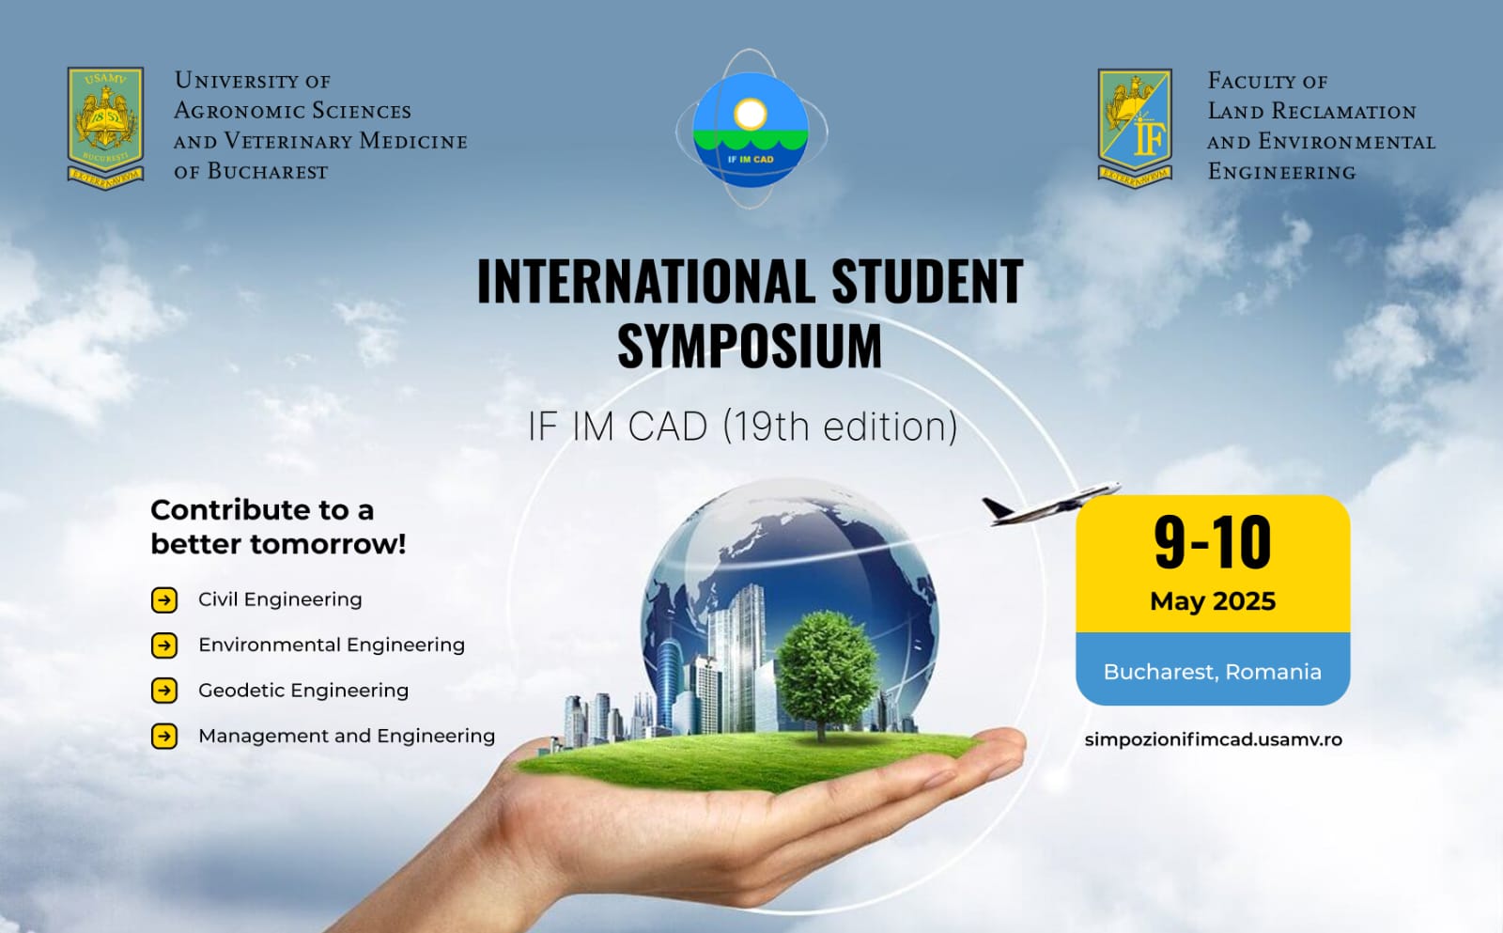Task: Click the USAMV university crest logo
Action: [105, 128]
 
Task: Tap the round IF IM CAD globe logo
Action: [751, 129]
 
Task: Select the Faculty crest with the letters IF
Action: [1136, 128]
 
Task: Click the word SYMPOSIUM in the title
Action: [750, 346]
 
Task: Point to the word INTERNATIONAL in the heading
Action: [645, 281]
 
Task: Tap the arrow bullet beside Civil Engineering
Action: [164, 600]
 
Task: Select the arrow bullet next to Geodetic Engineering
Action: [164, 691]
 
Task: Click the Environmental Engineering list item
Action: [332, 645]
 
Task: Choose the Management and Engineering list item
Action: [347, 737]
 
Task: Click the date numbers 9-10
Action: [1213, 542]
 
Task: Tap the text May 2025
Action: [1213, 601]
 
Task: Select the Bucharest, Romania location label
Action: [1213, 672]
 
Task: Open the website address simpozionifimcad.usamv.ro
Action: [1213, 739]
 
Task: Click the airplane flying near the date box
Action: [1051, 504]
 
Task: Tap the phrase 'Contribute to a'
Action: [262, 510]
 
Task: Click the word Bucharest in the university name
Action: [267, 171]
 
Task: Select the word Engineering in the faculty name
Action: [1281, 172]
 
